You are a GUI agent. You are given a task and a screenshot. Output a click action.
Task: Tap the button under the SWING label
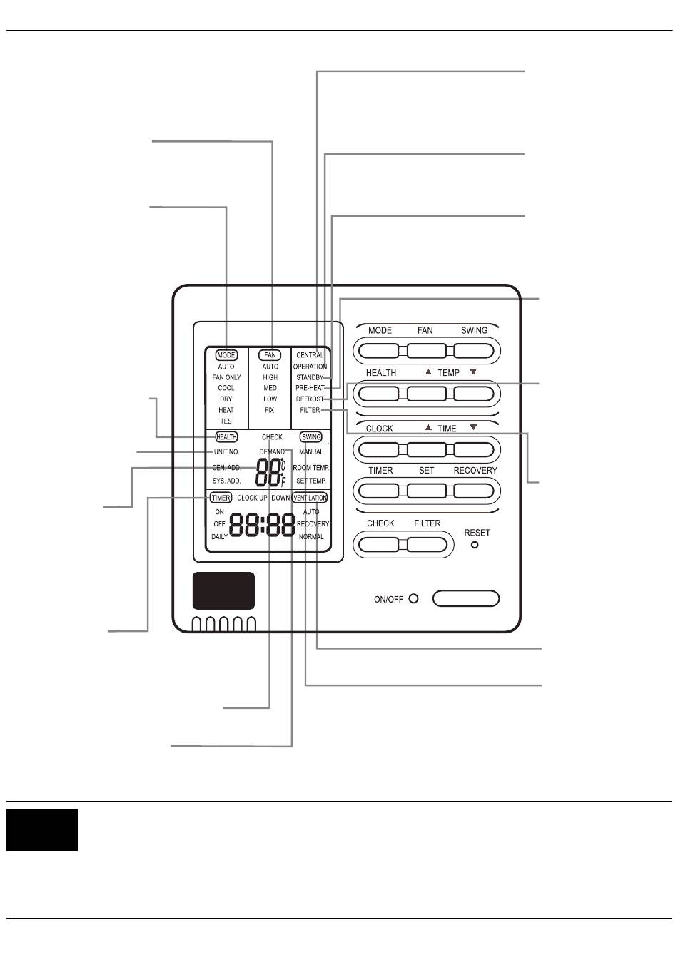click(474, 350)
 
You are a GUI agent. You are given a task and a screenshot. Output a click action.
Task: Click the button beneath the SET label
click(427, 491)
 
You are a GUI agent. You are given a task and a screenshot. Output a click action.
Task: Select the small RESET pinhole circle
click(475, 546)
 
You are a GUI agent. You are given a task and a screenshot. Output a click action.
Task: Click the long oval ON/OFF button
click(466, 598)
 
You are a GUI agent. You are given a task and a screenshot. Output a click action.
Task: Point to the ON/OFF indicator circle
click(414, 599)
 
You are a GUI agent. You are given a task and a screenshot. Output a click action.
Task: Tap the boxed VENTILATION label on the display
click(310, 498)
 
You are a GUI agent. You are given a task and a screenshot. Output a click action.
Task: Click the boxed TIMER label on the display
click(221, 498)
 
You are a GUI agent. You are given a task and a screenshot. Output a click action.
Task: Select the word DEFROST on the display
click(310, 399)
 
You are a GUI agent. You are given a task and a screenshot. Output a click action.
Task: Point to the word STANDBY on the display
click(310, 377)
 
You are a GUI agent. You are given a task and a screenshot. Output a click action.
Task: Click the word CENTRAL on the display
click(310, 355)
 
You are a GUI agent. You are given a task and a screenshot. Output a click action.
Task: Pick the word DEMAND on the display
click(272, 452)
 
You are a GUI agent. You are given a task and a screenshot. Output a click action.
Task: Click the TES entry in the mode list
click(226, 421)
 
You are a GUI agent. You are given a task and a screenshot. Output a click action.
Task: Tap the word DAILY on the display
click(220, 537)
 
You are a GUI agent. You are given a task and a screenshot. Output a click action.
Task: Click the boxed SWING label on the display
click(311, 437)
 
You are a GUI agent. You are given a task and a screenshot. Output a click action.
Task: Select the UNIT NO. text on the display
click(227, 452)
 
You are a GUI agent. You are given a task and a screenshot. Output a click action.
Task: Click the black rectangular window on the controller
click(223, 591)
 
